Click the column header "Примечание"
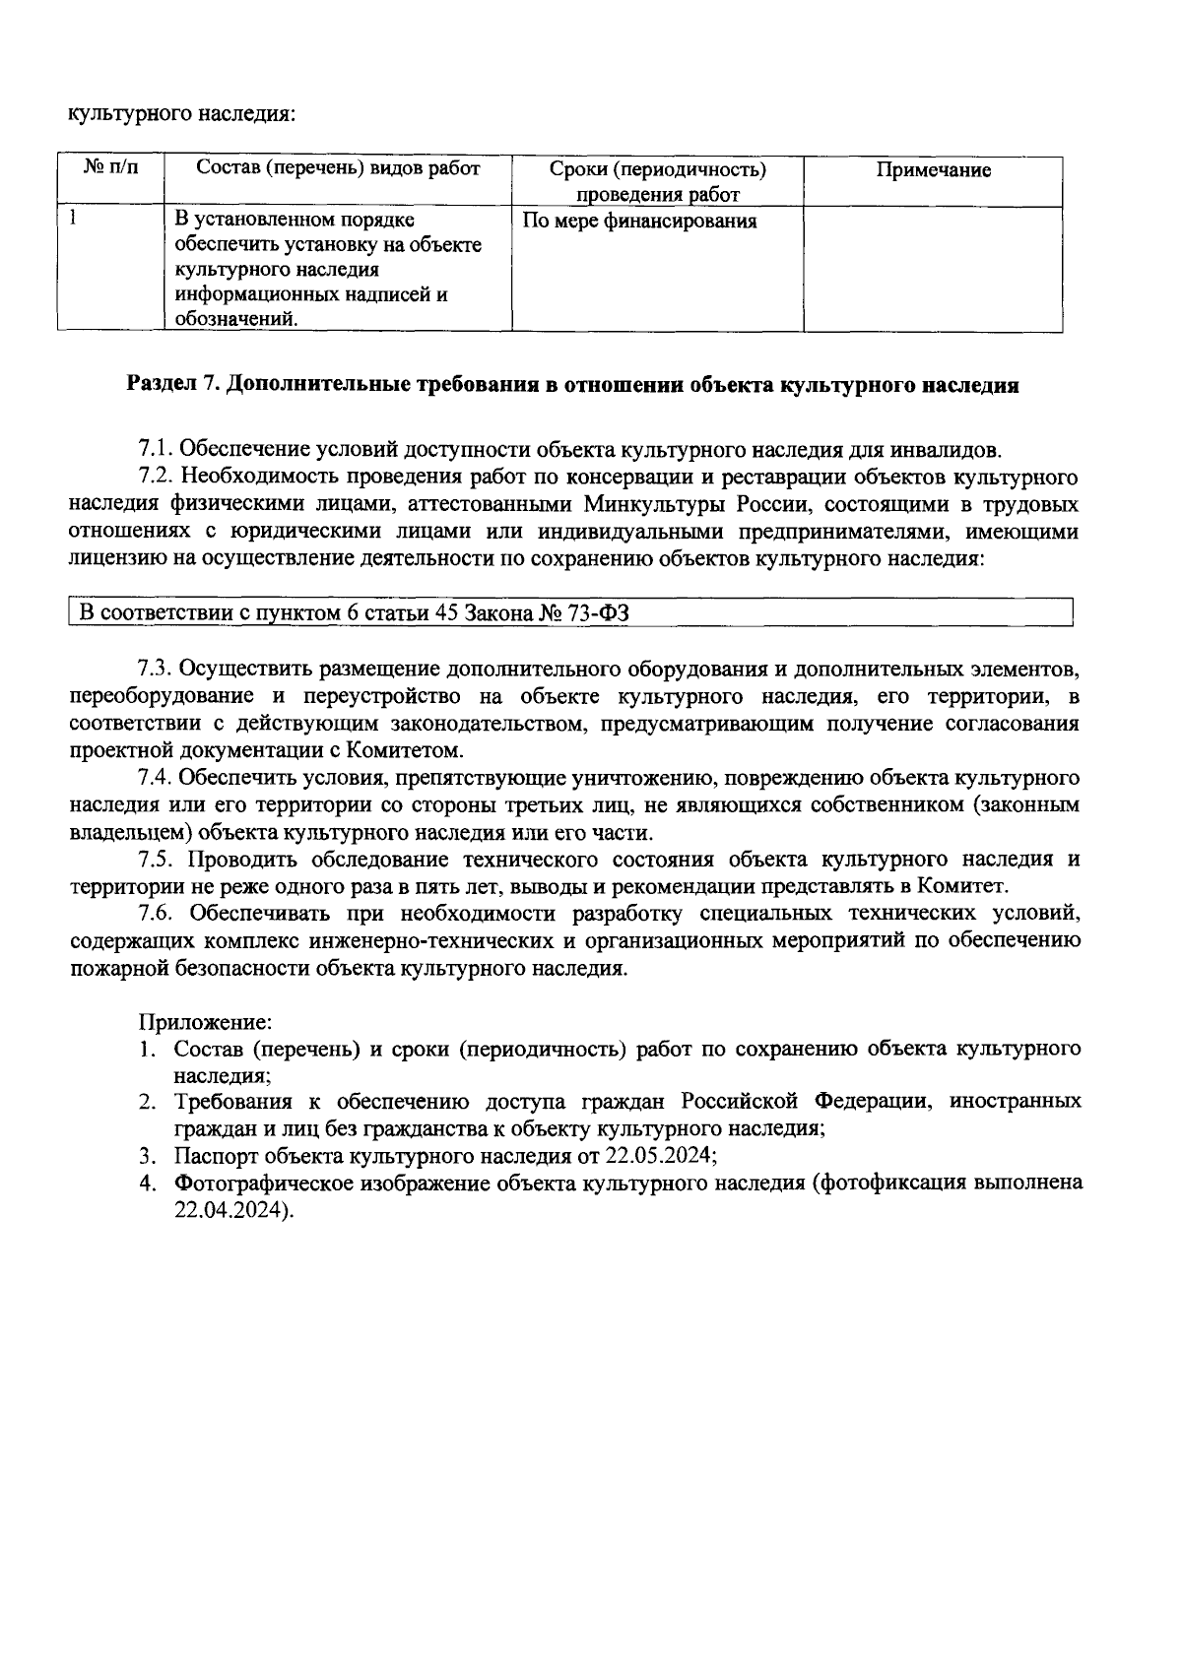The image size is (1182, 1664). coord(933,170)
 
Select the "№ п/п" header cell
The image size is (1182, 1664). coord(111,168)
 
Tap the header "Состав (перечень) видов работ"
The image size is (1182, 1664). coord(338,168)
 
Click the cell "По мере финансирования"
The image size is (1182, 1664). coord(639,221)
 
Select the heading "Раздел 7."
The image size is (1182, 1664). coord(172,385)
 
